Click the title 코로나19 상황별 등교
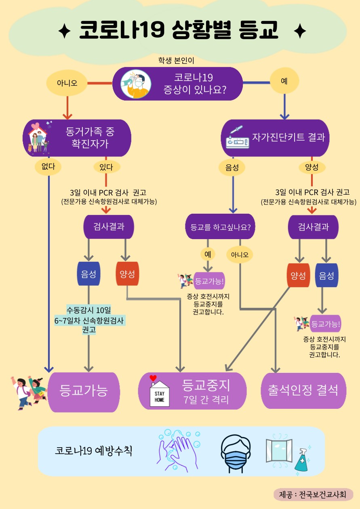[179, 31]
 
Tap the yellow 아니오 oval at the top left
[67, 84]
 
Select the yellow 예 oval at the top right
[284, 81]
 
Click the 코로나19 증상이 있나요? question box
[178, 84]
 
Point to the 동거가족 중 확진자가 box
[77, 138]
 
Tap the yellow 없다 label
[48, 166]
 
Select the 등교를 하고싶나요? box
[220, 227]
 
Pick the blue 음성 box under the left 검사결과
[88, 274]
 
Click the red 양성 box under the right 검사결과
[298, 276]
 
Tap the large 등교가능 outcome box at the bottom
[84, 391]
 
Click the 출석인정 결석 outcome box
[303, 391]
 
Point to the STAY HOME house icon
[159, 392]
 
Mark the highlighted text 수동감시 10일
[88, 310]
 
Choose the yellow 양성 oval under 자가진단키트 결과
[312, 167]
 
